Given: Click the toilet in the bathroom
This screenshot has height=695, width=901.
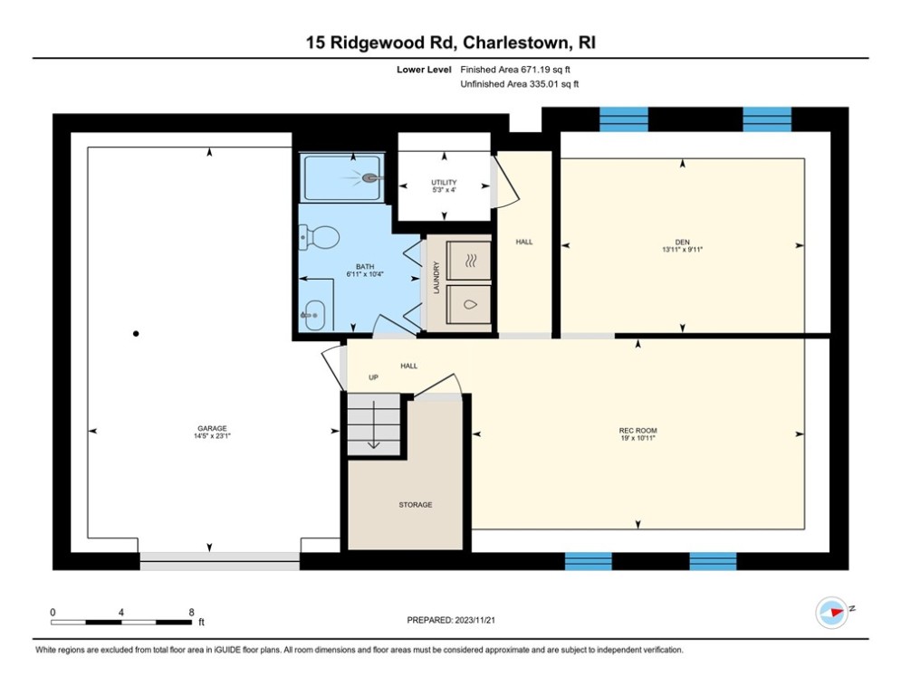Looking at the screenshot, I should [320, 237].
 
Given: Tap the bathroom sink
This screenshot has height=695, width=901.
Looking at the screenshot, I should [312, 314].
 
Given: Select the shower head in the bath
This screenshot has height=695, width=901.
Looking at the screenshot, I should [370, 178].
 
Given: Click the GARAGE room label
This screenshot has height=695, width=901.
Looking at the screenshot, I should [212, 428].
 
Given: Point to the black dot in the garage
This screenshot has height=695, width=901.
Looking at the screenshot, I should [136, 334].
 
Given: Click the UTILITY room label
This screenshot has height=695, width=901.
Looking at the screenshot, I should [444, 183].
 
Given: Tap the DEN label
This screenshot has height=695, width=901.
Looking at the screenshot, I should [682, 241].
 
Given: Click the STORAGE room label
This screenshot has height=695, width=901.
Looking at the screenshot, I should [416, 505].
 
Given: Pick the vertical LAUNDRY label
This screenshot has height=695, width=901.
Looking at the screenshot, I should [436, 276].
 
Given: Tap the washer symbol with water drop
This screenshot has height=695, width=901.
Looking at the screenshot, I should [470, 305].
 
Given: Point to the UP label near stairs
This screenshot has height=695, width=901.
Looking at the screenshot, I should [372, 377].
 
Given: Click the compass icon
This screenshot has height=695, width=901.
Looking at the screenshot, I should [830, 612].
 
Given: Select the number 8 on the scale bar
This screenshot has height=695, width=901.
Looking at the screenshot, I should [191, 612].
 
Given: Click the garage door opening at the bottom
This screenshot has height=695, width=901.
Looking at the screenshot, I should [219, 560].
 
